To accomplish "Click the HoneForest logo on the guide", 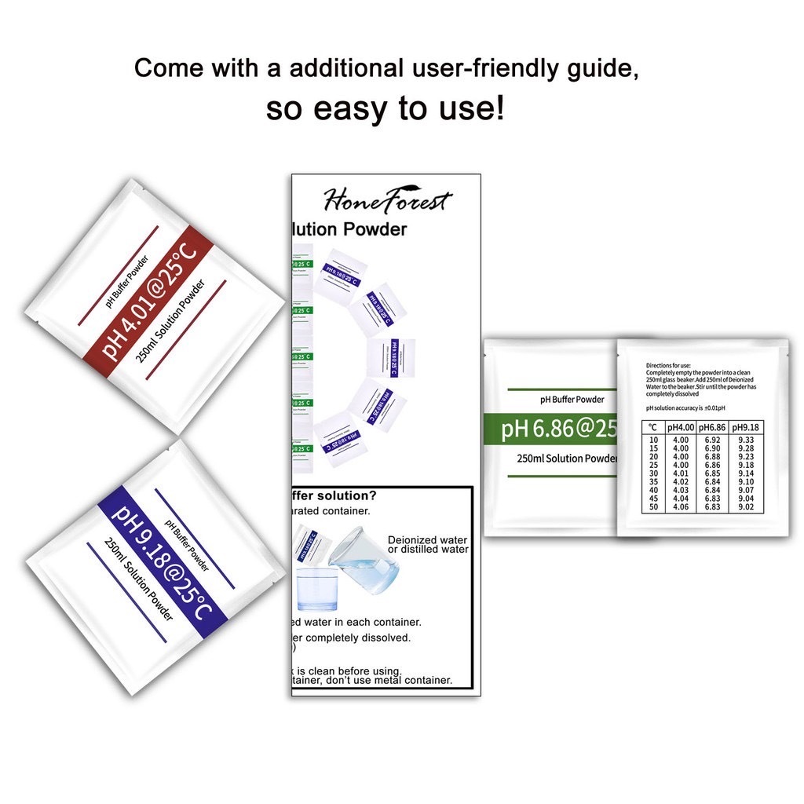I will [x=387, y=201].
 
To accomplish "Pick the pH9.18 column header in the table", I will [x=746, y=427].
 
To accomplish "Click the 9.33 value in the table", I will [x=746, y=440].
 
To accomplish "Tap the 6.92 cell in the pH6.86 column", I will [x=713, y=440].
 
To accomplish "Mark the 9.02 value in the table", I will [x=746, y=508].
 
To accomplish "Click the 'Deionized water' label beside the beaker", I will [x=427, y=540].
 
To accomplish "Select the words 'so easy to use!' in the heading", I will [x=385, y=108].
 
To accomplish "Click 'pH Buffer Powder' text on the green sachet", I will [x=572, y=400].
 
